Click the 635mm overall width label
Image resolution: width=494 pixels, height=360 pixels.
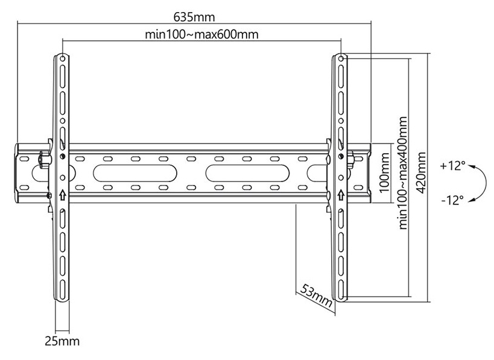194,17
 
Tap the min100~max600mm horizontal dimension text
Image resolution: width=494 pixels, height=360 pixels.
201,34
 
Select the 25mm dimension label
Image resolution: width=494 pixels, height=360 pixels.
62,341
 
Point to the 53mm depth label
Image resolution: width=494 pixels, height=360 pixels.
315,295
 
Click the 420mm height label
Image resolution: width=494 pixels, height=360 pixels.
421,173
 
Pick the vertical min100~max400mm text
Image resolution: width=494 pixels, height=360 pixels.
403,173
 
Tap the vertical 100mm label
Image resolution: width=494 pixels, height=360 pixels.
385,173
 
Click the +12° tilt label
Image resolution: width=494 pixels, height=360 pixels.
452,166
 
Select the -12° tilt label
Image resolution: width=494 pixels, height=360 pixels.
452,200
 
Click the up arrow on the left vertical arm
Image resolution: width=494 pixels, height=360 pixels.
63,195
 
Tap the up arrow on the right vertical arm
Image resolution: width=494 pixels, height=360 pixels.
341,195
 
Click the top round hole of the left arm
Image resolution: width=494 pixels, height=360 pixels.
63,58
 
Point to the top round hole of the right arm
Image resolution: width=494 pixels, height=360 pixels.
341,58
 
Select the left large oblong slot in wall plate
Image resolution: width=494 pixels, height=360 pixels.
135,173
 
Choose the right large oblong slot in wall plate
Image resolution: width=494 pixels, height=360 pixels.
248,173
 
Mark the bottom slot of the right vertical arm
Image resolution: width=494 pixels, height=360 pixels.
341,288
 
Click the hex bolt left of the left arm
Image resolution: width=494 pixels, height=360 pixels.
45,159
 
